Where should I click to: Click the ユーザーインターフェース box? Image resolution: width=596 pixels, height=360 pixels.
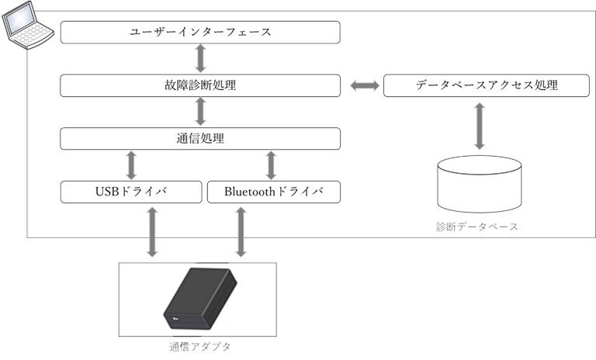pyautogui.click(x=200, y=33)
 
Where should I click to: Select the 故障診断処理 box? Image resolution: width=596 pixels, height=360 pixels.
pyautogui.click(x=200, y=85)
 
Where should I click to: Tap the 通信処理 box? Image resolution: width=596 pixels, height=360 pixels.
pyautogui.click(x=200, y=139)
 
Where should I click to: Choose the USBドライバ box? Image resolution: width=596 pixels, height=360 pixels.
pyautogui.click(x=131, y=192)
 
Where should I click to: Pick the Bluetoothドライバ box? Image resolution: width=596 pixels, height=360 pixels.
pyautogui.click(x=274, y=192)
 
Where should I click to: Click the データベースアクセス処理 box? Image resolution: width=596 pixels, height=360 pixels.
pyautogui.click(x=487, y=85)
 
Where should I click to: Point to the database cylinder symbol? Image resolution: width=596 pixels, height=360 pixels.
pyautogui.click(x=480, y=184)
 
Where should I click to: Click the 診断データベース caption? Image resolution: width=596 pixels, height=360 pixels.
pyautogui.click(x=477, y=227)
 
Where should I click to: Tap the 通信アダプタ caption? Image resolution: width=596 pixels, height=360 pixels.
pyautogui.click(x=200, y=347)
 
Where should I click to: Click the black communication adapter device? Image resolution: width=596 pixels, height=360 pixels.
pyautogui.click(x=200, y=299)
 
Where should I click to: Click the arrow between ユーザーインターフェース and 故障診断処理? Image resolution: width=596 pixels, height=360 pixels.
pyautogui.click(x=201, y=58)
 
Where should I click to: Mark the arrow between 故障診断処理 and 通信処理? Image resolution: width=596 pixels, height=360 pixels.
pyautogui.click(x=201, y=112)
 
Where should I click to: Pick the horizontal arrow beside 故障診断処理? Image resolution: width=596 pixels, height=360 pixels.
pyautogui.click(x=365, y=85)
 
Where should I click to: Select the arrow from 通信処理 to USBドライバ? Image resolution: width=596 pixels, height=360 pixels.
pyautogui.click(x=131, y=165)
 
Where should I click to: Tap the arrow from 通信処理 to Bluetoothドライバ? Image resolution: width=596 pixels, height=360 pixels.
pyautogui.click(x=271, y=165)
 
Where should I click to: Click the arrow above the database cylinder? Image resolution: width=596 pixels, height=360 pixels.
pyautogui.click(x=480, y=126)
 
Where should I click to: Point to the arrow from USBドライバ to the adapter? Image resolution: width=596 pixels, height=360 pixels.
pyautogui.click(x=152, y=232)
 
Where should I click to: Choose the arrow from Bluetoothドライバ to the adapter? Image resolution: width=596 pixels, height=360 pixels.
pyautogui.click(x=241, y=232)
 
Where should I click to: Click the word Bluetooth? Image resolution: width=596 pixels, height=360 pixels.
pyautogui.click(x=249, y=192)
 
